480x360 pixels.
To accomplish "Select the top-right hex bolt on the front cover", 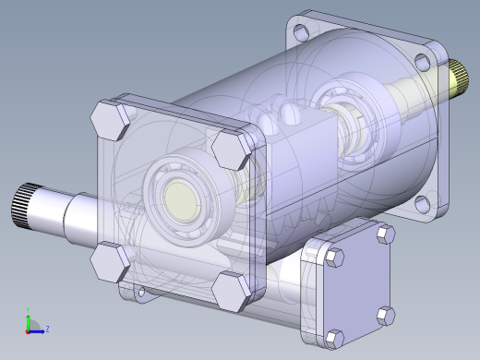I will (230, 148).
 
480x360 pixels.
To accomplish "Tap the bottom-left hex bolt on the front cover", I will (110, 262).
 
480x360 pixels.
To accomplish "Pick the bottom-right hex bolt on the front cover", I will (232, 291).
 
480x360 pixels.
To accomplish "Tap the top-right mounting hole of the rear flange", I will (422, 62).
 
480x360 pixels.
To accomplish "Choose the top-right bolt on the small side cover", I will (384, 237).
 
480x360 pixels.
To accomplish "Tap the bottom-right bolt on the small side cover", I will (385, 317).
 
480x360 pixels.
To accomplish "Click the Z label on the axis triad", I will (47, 328).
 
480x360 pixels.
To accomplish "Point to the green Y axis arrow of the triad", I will (29, 316).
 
